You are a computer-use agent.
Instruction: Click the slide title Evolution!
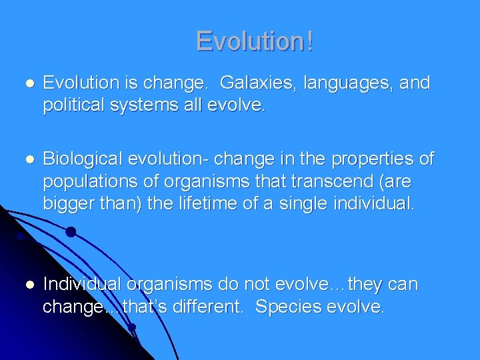point(254,41)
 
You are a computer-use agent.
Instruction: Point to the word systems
point(147,106)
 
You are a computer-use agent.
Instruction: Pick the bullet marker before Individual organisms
point(27,285)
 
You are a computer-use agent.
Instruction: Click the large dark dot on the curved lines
point(70,233)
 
